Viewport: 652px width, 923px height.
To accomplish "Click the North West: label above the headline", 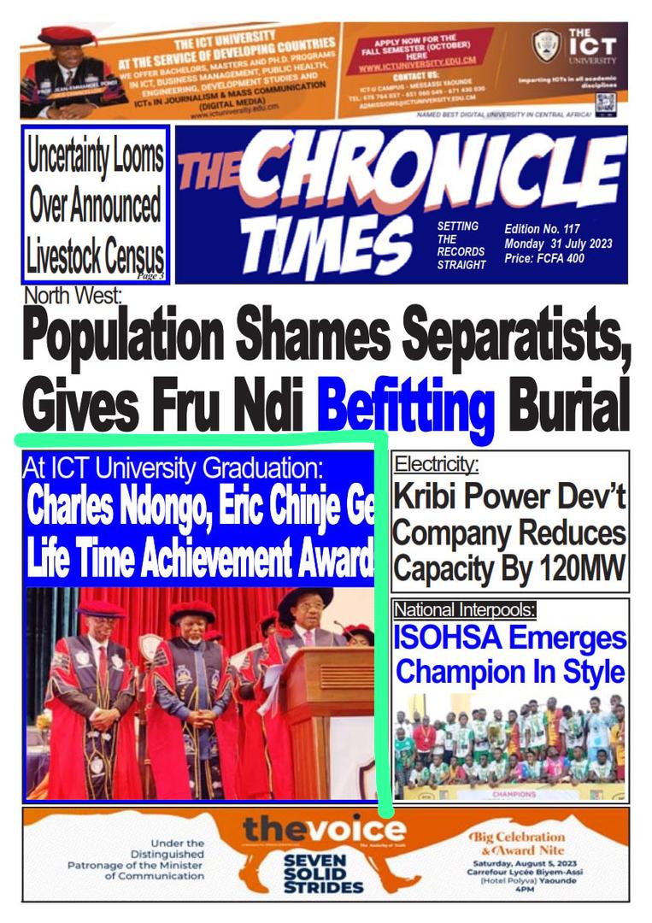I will pos(73,297).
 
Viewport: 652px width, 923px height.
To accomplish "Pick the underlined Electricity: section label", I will pos(437,465).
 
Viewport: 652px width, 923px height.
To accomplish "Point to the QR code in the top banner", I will pos(605,103).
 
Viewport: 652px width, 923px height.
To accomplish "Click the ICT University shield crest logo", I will pos(546,46).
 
